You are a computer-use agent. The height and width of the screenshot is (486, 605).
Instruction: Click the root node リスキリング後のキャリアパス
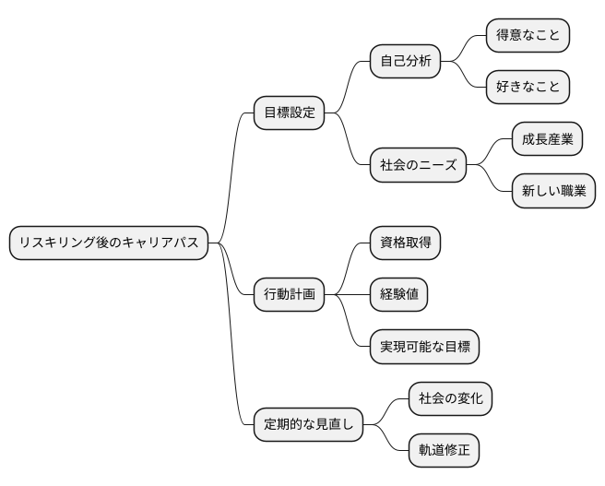coord(109,243)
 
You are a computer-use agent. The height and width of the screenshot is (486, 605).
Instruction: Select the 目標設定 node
coord(290,113)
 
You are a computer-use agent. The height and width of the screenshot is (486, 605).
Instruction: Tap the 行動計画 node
coord(290,295)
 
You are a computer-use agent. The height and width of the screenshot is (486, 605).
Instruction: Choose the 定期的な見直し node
coord(308,425)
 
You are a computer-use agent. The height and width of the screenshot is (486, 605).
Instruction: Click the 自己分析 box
coord(405,62)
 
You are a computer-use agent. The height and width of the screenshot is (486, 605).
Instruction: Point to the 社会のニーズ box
coord(418,166)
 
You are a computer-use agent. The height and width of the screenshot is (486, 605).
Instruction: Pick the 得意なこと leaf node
coord(528,36)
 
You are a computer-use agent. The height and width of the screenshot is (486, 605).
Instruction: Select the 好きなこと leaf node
coord(528,88)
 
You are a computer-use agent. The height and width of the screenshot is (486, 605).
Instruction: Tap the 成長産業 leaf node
coord(547,140)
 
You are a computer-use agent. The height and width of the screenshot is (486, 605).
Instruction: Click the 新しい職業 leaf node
coord(553,192)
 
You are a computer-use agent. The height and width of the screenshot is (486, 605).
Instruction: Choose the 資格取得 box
coord(405,243)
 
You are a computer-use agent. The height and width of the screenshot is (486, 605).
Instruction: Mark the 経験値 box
coord(398,295)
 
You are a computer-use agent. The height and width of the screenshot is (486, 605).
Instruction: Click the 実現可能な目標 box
coord(424,347)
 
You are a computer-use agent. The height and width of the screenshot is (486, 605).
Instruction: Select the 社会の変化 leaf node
coord(450,399)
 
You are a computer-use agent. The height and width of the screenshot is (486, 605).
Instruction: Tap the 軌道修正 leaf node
coord(444,451)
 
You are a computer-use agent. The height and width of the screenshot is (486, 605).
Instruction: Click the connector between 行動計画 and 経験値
coord(347,295)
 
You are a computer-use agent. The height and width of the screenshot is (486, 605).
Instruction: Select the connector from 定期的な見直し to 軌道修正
coord(387,440)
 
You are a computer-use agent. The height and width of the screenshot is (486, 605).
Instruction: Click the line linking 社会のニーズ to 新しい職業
coord(491,181)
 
